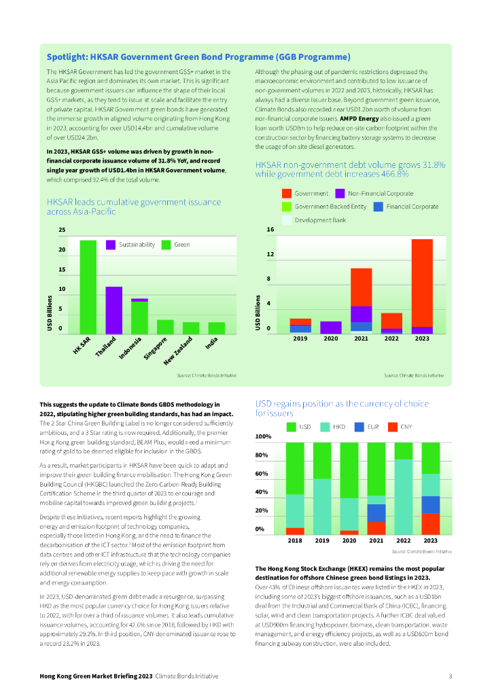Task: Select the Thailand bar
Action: tap(113, 310)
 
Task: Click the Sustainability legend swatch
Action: tap(110, 245)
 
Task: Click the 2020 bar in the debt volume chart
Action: tap(331, 328)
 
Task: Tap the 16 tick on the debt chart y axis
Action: tap(270, 230)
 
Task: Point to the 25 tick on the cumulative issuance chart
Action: tap(63, 230)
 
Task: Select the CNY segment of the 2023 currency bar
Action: tap(431, 523)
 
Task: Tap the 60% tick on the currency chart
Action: tap(263, 474)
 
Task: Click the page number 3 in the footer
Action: tap(450, 676)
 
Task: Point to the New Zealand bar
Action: tap(191, 328)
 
